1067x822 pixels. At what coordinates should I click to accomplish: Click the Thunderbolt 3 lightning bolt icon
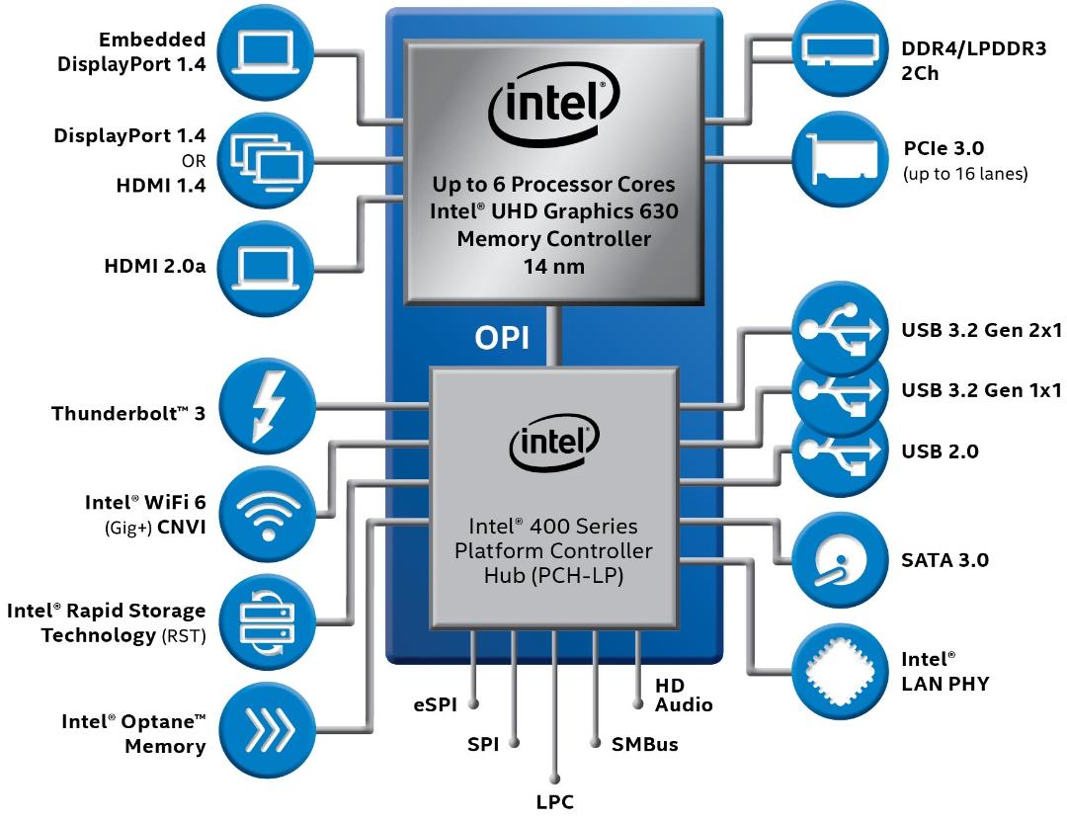point(268,407)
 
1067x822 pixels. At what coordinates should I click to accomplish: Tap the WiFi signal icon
point(268,515)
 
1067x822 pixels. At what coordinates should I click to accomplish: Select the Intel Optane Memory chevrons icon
point(270,731)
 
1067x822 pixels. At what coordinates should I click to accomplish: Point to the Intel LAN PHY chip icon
point(840,672)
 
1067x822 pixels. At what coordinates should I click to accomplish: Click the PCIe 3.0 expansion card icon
point(843,159)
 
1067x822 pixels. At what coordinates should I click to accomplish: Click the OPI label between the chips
point(502,338)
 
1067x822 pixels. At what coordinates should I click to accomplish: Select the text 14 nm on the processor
point(554,266)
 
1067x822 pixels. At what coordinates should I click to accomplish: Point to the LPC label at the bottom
point(554,801)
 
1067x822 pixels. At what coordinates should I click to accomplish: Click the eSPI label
point(435,705)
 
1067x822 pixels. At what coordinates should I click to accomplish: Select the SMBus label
point(644,744)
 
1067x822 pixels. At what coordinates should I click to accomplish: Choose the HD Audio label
point(684,696)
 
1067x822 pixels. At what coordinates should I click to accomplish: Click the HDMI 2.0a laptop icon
point(266,267)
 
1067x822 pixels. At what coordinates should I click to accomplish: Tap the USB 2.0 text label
point(940,452)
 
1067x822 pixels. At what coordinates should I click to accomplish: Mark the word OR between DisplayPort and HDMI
point(194,161)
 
